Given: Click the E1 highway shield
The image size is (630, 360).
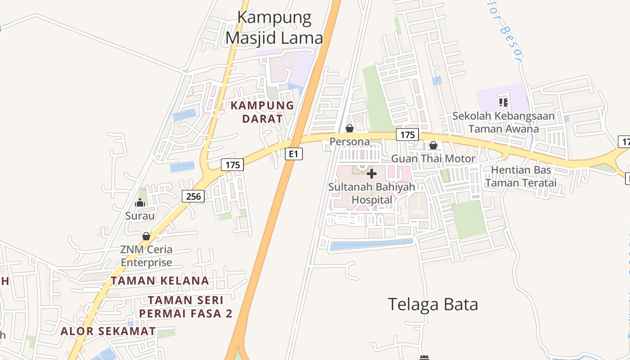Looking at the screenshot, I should [x=293, y=154].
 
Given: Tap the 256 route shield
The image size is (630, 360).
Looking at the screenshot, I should [x=193, y=196].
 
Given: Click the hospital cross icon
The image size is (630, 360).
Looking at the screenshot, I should [x=372, y=174].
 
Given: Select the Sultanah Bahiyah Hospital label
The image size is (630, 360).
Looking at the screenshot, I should [x=372, y=193].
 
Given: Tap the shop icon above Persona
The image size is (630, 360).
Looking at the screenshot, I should [x=349, y=129].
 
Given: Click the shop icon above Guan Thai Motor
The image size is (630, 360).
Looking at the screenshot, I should [x=433, y=145].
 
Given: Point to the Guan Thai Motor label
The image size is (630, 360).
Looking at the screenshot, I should [x=433, y=158].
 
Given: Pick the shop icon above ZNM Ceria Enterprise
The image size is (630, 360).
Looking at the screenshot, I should [x=146, y=236].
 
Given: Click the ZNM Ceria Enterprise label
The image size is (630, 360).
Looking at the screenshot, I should [x=146, y=256].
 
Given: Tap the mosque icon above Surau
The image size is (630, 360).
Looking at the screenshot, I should [x=140, y=203].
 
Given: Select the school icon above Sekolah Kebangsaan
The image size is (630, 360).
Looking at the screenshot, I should [x=504, y=103].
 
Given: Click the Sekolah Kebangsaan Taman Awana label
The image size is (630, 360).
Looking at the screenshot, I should [x=504, y=122].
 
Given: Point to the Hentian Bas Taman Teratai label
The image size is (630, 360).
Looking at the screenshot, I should [x=521, y=176].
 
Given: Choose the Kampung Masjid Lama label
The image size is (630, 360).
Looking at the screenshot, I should [x=274, y=28].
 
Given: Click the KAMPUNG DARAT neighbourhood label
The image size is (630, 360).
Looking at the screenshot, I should [x=262, y=112].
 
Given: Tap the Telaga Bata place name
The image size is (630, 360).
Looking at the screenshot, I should [x=432, y=305].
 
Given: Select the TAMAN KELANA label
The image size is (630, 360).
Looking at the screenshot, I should [x=160, y=281].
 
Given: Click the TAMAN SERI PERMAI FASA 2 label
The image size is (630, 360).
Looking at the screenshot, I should [x=185, y=306].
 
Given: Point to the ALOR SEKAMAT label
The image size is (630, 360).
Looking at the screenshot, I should [x=108, y=331].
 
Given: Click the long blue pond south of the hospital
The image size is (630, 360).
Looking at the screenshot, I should [x=371, y=245].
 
